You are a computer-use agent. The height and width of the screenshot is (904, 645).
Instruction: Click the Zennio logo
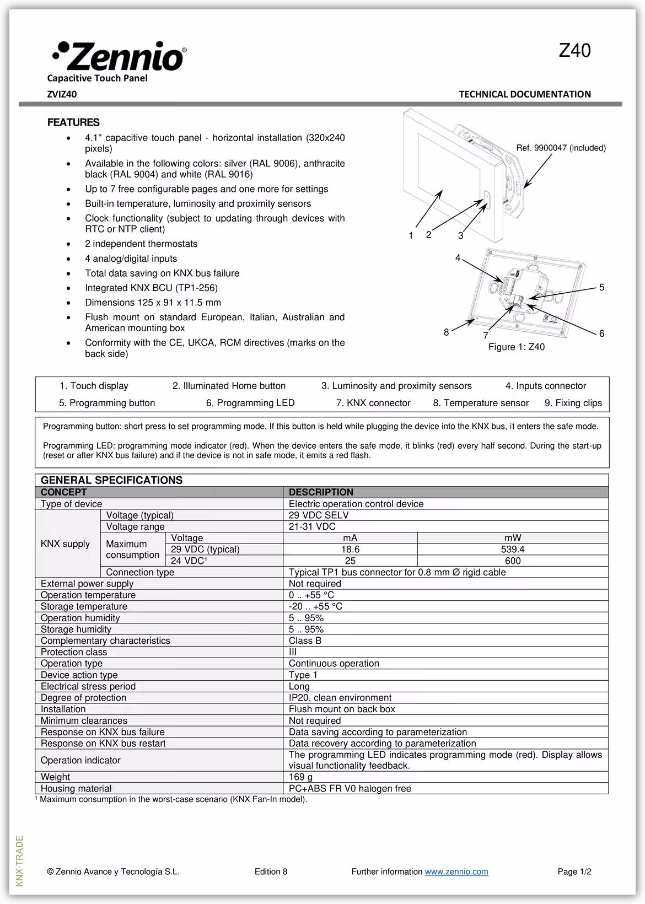(x=119, y=56)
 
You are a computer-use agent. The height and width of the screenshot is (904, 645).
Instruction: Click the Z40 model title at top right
(x=574, y=51)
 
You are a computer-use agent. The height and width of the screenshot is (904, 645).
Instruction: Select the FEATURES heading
(x=73, y=122)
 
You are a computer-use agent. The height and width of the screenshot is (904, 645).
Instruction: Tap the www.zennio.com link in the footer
(x=456, y=871)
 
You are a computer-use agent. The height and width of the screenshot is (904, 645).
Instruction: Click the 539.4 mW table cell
(x=513, y=550)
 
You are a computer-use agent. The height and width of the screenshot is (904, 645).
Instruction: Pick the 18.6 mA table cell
(x=350, y=550)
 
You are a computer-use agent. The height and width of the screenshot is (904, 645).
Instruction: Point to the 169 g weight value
(x=300, y=777)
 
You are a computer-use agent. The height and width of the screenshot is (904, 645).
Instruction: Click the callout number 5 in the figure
(x=601, y=288)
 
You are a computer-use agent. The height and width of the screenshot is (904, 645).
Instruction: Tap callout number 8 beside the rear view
(x=446, y=332)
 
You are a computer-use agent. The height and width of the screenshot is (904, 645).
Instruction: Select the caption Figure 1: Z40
(x=516, y=347)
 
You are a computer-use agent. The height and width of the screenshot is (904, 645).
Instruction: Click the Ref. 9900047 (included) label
(x=561, y=148)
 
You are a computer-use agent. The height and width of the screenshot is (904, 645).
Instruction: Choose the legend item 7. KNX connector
(x=373, y=403)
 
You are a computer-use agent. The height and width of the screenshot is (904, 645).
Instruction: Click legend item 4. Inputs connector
(x=545, y=386)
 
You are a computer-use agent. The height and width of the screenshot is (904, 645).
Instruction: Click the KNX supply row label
(x=65, y=544)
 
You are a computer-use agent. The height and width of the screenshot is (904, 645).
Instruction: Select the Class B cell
(x=305, y=641)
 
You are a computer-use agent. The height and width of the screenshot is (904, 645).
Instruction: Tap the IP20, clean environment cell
(x=340, y=698)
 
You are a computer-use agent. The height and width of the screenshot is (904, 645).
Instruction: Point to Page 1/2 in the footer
(x=574, y=871)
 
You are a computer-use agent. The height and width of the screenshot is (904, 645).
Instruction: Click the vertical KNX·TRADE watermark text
(x=20, y=860)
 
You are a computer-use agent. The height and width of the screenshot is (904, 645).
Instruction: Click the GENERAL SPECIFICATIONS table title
(x=111, y=480)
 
